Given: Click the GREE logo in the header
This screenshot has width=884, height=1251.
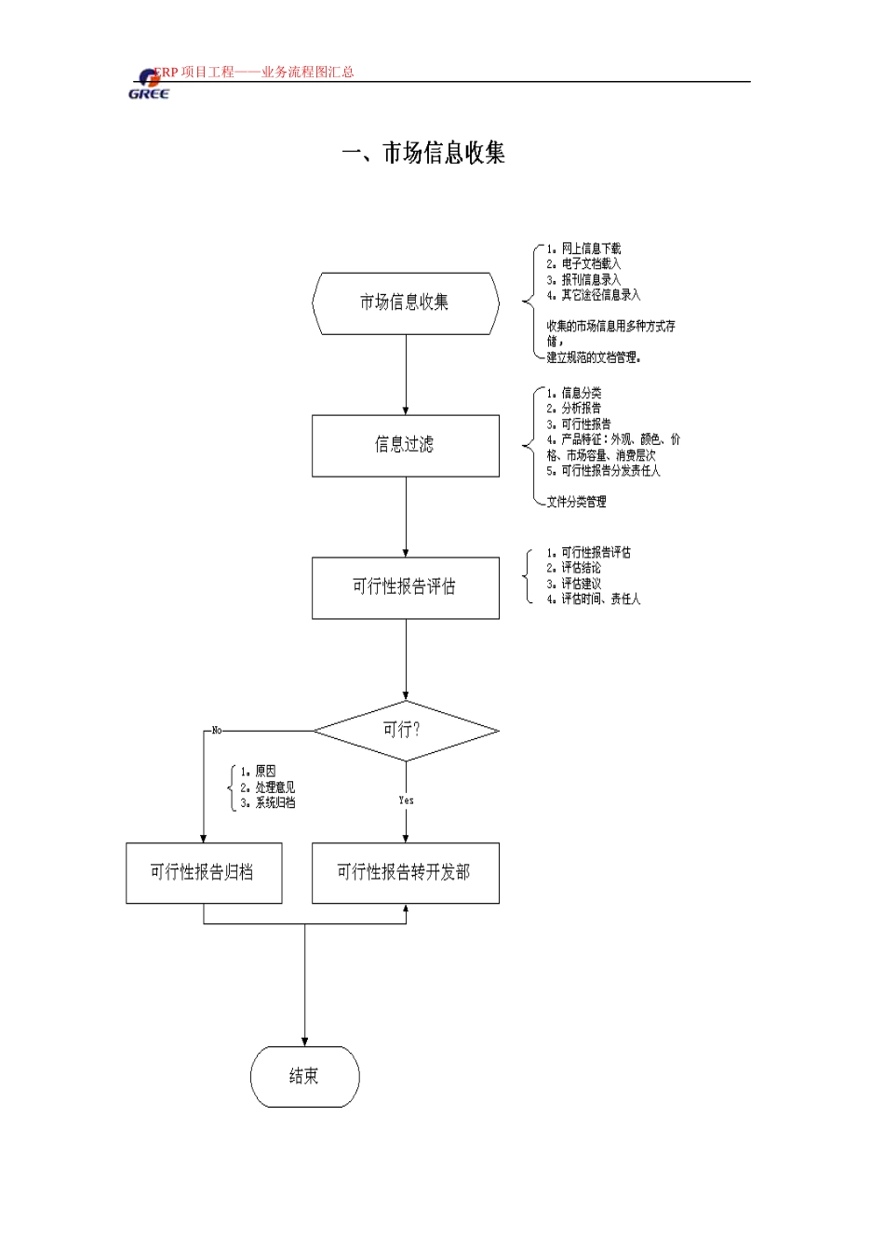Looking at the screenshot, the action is click(x=149, y=85).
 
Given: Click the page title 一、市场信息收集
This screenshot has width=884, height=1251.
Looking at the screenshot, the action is click(x=423, y=153).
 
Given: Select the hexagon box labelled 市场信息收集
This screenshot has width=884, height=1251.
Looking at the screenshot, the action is click(x=406, y=303).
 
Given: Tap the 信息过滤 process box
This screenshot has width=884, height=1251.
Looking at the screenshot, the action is click(x=406, y=446).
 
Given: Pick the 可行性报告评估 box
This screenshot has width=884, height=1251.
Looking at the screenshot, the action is click(x=406, y=587).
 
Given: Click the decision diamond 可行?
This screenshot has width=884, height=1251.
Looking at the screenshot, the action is click(x=406, y=731).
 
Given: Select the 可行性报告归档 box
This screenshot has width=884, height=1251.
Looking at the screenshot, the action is click(x=204, y=873).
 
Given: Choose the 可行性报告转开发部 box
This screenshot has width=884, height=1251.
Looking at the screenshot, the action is click(x=406, y=873).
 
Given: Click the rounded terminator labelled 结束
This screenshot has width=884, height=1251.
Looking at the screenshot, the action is click(x=305, y=1076).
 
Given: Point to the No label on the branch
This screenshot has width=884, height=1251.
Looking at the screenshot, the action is click(x=217, y=730).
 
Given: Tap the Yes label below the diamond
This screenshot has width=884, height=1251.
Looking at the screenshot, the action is click(x=406, y=800).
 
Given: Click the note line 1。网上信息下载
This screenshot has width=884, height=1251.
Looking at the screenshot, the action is click(x=583, y=249).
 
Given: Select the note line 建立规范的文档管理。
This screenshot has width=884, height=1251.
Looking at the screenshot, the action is click(x=594, y=357).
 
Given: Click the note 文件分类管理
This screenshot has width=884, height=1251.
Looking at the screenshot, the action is click(x=576, y=502).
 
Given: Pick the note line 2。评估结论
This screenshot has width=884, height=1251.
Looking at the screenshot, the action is click(x=573, y=568).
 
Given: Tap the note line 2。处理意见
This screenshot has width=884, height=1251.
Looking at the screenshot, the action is click(x=267, y=787).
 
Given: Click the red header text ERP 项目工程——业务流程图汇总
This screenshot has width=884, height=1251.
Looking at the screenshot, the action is click(x=254, y=72).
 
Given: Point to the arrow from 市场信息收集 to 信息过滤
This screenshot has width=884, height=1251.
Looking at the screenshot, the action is click(x=406, y=375).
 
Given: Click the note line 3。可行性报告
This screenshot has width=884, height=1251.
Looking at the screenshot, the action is click(x=579, y=424).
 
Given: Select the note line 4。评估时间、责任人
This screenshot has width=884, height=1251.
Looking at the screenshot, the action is click(x=593, y=599).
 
